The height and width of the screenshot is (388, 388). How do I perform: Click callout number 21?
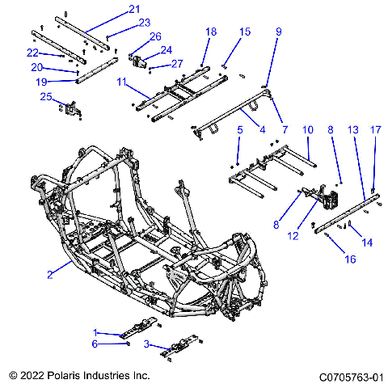pos(134,9)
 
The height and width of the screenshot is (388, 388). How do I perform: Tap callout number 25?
pos(46,97)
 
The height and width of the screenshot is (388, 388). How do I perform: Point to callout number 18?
pos(211,31)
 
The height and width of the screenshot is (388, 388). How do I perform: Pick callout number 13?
pos(352,129)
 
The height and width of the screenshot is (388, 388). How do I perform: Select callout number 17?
pos(375,129)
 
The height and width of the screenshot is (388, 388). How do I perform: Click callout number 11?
pos(121,82)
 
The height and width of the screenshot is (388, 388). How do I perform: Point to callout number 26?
pos(155,36)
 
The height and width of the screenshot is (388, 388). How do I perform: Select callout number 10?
pos(307,129)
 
